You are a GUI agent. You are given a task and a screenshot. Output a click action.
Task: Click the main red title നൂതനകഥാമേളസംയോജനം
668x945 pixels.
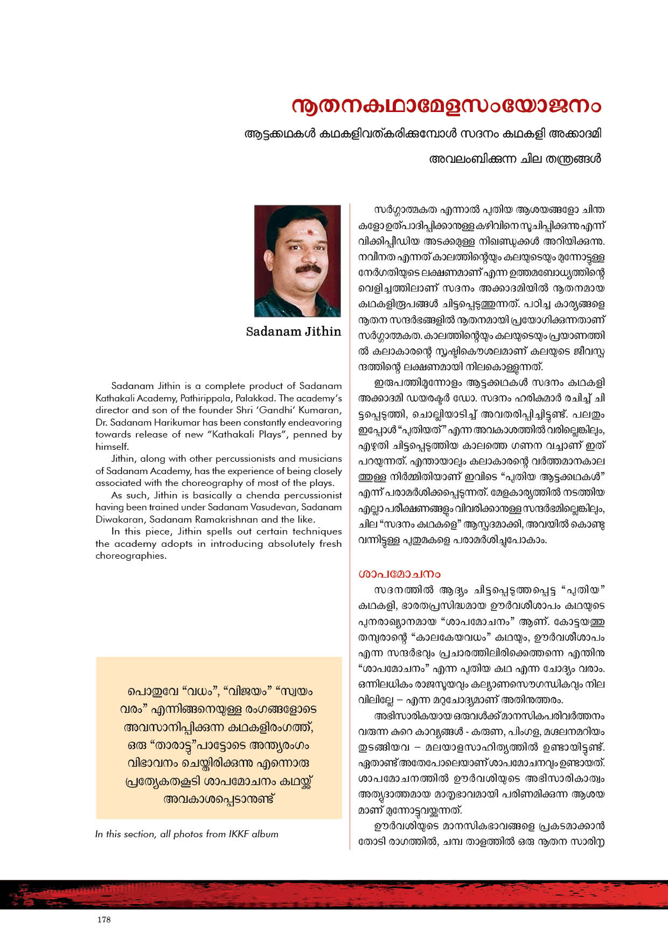click(446, 106)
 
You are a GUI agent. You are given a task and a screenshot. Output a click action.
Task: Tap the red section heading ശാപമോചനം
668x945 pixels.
click(399, 574)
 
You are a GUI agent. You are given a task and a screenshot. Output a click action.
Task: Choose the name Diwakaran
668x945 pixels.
click(120, 519)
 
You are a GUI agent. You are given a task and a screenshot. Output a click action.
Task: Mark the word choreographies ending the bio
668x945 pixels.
click(130, 555)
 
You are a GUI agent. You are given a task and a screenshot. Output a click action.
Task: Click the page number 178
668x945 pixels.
click(104, 920)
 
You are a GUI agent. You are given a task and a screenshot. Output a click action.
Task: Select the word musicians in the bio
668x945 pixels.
click(318, 458)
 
